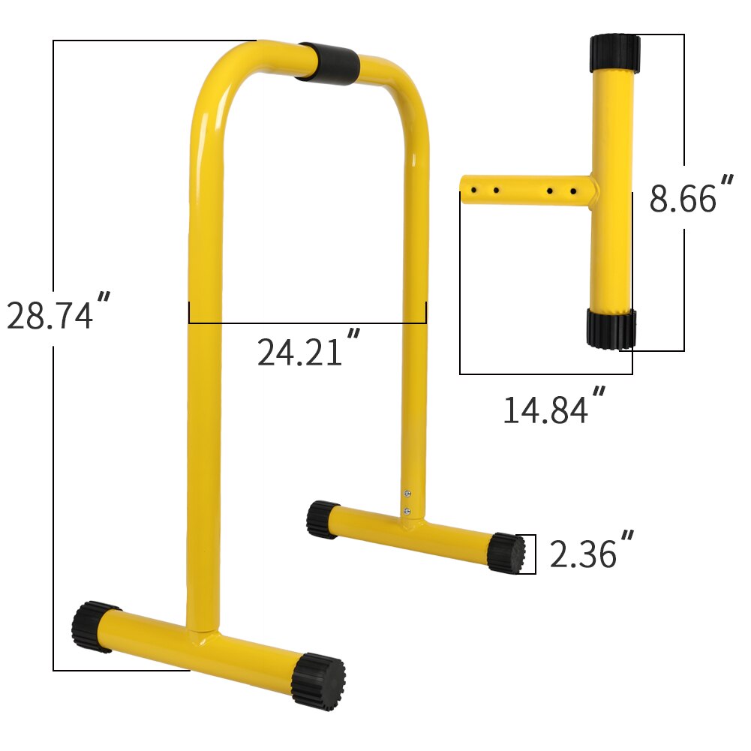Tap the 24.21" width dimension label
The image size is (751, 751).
pos(308,350)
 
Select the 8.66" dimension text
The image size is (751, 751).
pos(691,197)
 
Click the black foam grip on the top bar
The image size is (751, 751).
pos(327,63)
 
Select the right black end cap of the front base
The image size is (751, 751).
pos(318,680)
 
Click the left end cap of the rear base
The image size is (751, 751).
pos(322,520)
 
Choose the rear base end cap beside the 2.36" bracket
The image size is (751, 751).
pos(506,553)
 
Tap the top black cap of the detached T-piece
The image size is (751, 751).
pos(614,52)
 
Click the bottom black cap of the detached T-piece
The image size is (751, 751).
pos(611,329)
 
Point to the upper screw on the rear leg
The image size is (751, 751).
pos(407,492)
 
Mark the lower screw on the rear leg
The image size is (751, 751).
pos(407,510)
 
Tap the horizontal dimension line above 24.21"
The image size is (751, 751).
pos(308,323)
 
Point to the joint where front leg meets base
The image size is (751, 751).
pos(203,638)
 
